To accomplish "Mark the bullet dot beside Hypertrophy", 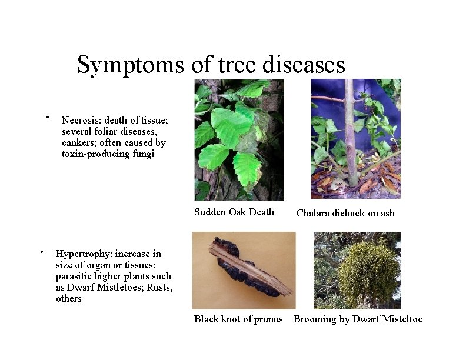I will click(x=42, y=252).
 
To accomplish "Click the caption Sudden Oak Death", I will click(x=234, y=212).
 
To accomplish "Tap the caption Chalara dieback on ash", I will click(x=345, y=213).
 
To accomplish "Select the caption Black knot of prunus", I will click(x=238, y=319).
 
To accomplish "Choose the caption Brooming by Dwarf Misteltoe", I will click(x=358, y=319).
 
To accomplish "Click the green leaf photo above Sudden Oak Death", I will click(x=239, y=139).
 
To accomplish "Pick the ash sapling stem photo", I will click(x=355, y=139).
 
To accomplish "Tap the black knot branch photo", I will click(x=244, y=270).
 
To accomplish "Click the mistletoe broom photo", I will click(x=357, y=270).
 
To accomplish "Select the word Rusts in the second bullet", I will click(x=160, y=287).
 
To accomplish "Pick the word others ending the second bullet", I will click(x=69, y=299).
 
